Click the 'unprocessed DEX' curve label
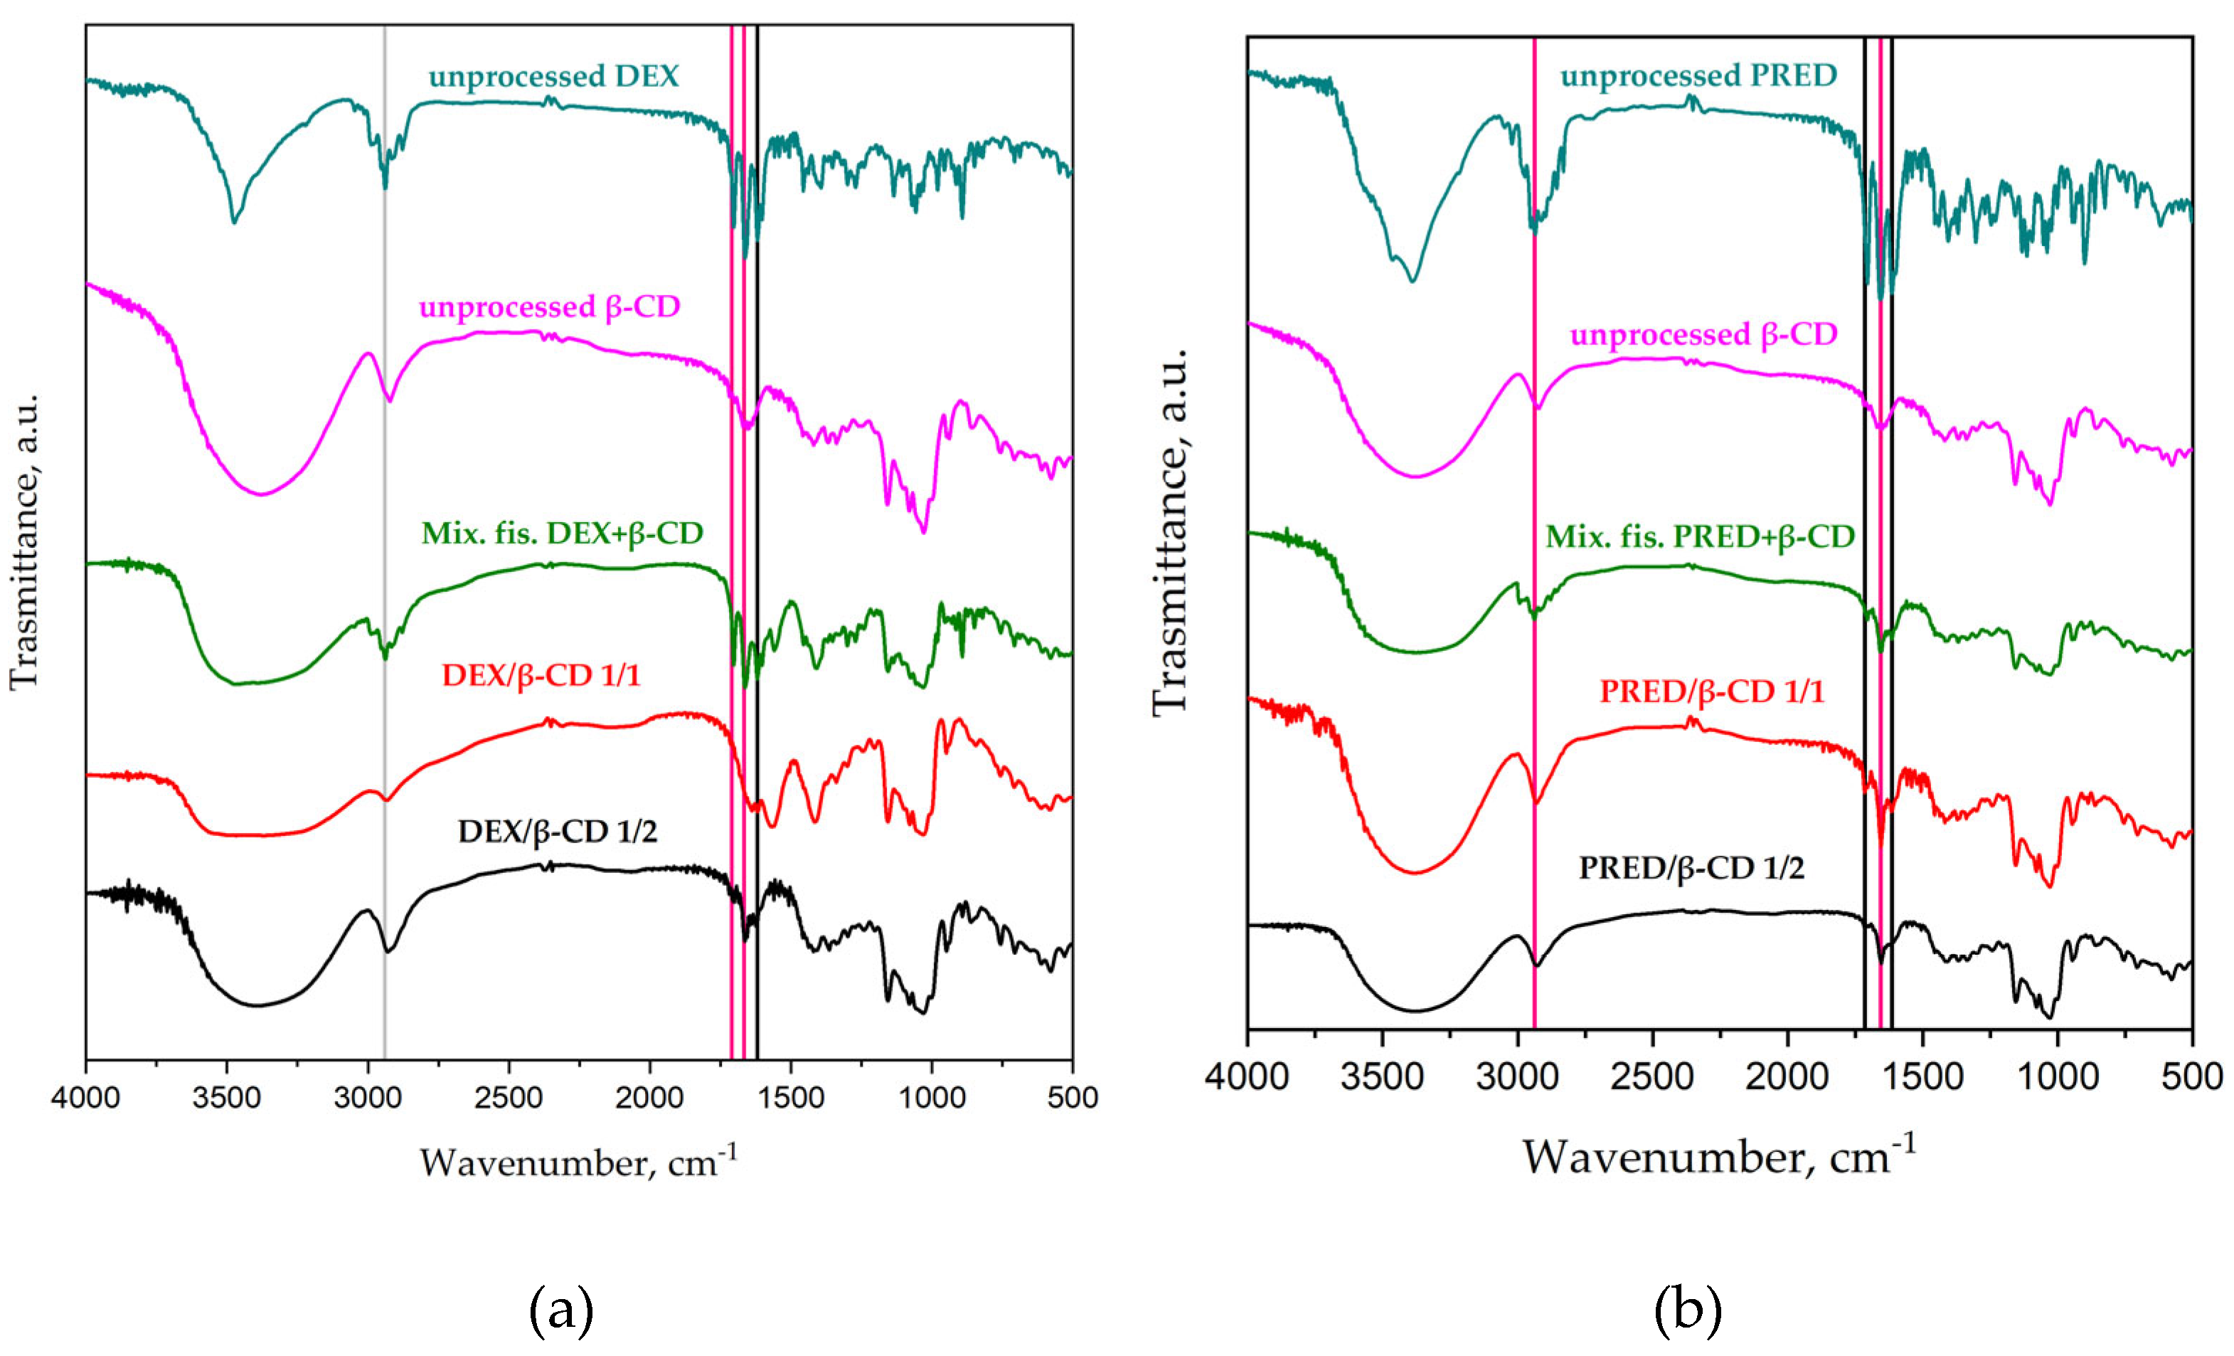(553, 76)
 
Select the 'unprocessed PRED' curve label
(1698, 76)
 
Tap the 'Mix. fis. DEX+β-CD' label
(562, 534)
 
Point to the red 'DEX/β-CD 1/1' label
(541, 676)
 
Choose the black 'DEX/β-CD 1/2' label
(557, 832)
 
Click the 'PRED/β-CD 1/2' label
(1691, 868)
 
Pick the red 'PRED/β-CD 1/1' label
(1711, 692)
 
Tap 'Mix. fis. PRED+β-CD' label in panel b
(1700, 537)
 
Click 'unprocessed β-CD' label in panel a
(550, 307)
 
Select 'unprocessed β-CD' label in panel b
(1703, 334)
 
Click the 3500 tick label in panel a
(227, 1098)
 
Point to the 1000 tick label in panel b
(2057, 1078)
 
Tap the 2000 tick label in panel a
(649, 1098)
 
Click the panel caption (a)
(561, 1310)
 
